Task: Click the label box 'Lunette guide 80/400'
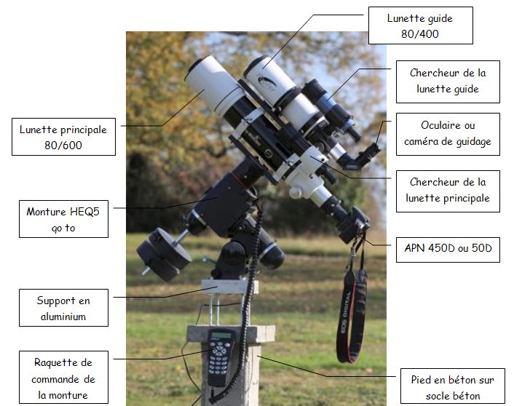point(420,25)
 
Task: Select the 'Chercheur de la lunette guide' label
point(448,81)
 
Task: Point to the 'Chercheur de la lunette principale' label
point(448,190)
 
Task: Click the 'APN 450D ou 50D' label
point(448,249)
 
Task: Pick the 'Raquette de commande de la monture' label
point(64,378)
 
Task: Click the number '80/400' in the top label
point(420,33)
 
